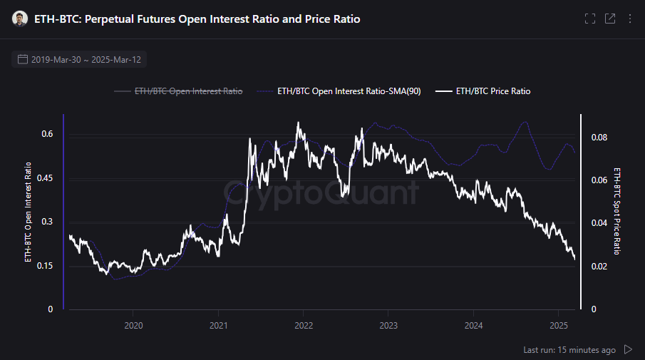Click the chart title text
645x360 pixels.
coord(197,19)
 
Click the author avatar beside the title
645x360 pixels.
coord(20,19)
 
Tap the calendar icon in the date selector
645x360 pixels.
coord(23,59)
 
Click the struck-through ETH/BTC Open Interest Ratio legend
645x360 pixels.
coord(188,91)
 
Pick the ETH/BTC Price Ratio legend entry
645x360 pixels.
coord(492,91)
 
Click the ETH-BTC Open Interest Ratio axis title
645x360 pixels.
coord(29,212)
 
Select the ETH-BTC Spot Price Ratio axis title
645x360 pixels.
coord(617,212)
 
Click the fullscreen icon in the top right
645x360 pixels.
coord(589,19)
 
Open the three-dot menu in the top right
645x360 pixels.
coord(630,19)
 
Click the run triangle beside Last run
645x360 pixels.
coord(628,349)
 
